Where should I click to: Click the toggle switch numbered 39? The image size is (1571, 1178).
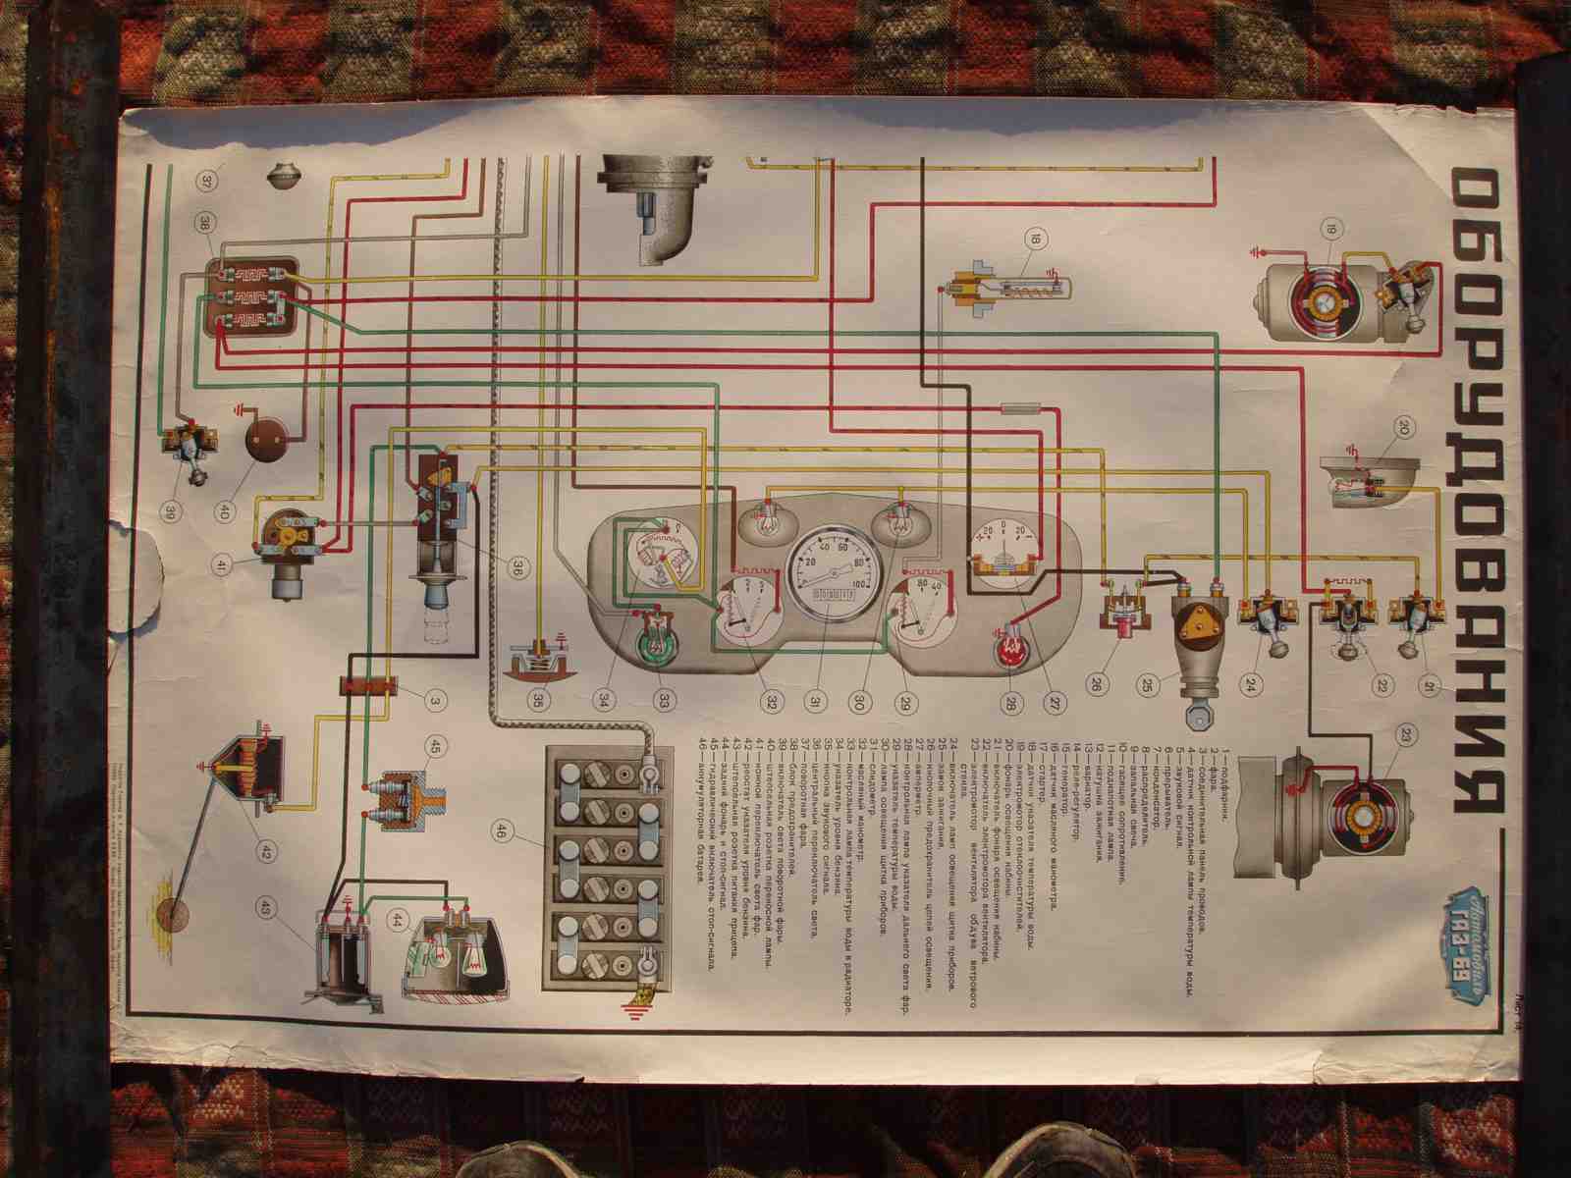pos(184,450)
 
